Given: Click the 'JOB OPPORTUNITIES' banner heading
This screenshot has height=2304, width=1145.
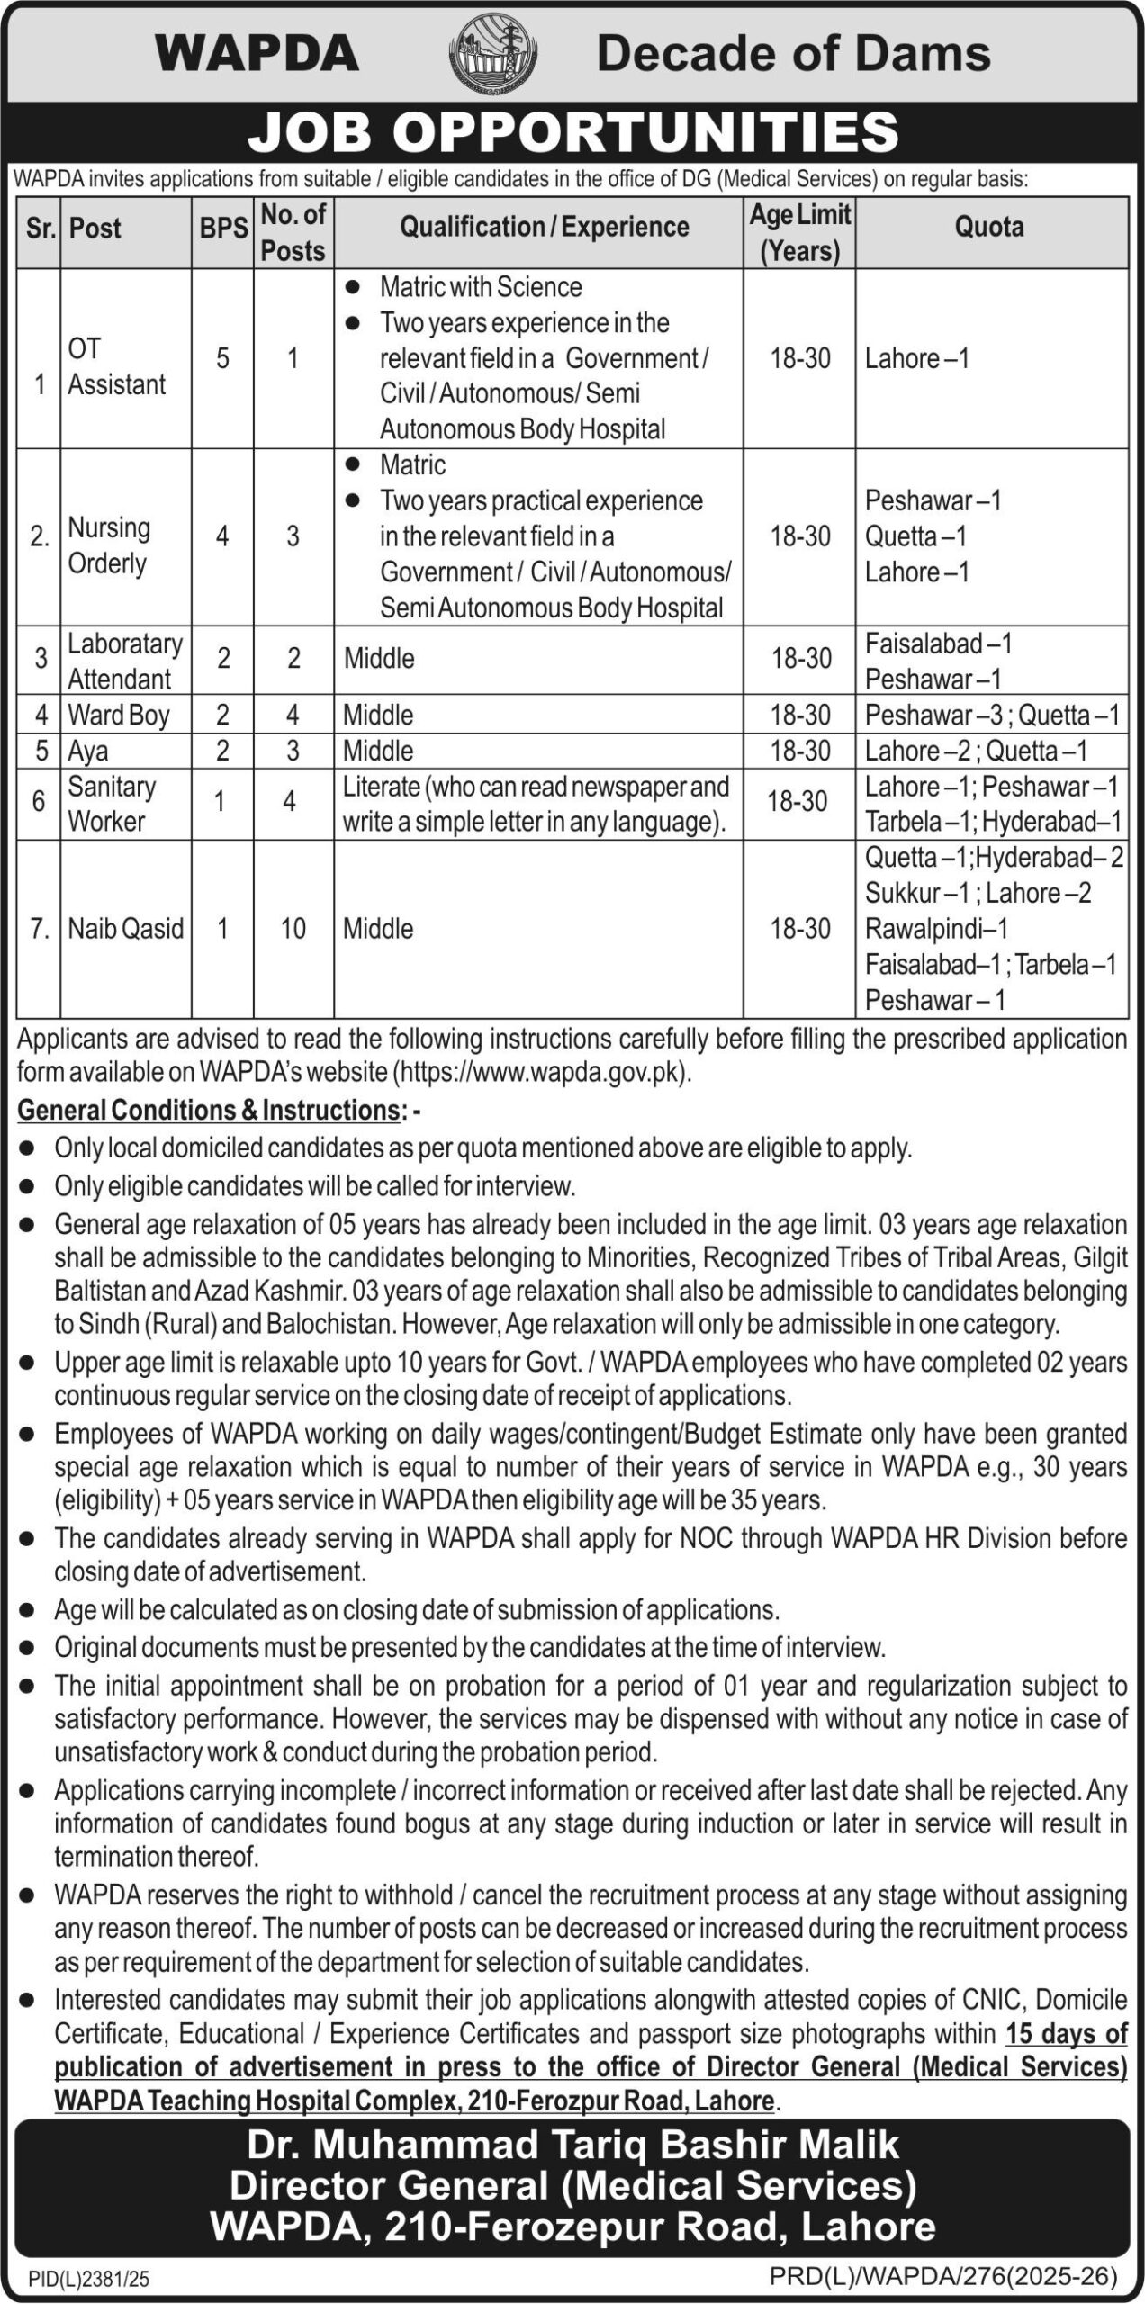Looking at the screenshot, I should coord(572,131).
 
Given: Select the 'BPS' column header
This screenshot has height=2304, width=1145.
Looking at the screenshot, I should coord(223,229).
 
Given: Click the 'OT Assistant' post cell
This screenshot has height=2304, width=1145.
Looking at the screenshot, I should coord(116,366).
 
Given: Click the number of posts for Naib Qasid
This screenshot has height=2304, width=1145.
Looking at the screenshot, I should coord(293,928).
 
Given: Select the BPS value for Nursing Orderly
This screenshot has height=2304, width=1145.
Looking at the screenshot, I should coord(222,536).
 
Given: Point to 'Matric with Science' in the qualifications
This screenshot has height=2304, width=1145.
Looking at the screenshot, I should coord(480,287).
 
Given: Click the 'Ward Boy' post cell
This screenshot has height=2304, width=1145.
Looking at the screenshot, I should coord(119,715).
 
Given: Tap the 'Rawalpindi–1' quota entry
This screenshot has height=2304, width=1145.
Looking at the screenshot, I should coord(936,928).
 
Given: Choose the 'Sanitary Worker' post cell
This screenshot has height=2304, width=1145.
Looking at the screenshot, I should coord(112,803).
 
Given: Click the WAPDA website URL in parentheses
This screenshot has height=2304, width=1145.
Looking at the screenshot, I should coord(541,1073).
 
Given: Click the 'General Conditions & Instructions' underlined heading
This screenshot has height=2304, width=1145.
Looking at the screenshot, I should coord(208,1111).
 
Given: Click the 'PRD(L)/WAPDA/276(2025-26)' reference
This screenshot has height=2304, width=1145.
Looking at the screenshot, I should coord(943,2278).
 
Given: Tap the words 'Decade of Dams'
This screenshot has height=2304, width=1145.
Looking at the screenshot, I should coord(793,54).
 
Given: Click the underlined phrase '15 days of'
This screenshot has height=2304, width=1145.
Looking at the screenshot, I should coord(1066,2034).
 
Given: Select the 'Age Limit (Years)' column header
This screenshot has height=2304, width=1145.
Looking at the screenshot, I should coord(799,231).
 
